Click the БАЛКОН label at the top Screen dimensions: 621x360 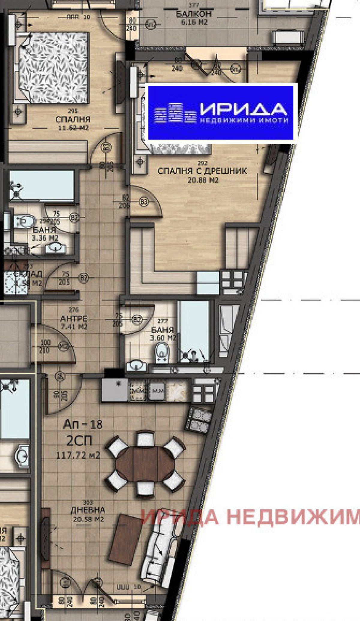click(194, 14)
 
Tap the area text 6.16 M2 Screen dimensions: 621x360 click(194, 22)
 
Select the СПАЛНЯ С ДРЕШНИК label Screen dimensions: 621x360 click(202, 171)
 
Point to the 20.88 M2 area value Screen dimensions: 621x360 click(203, 180)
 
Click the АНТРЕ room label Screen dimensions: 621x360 click(74, 318)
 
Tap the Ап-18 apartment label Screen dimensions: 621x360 click(83, 424)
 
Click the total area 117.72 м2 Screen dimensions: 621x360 click(78, 455)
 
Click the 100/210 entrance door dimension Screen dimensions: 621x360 click(45, 346)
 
